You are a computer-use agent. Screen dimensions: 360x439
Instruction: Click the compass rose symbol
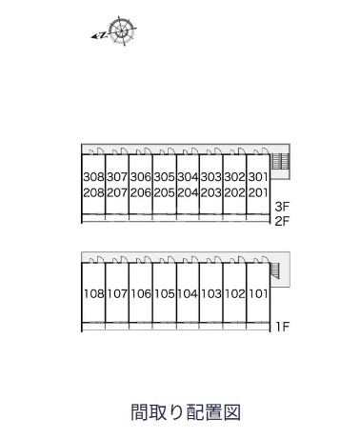[x=122, y=30]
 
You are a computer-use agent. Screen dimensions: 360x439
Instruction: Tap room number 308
[x=93, y=177]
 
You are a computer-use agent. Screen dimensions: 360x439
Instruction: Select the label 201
[x=258, y=192]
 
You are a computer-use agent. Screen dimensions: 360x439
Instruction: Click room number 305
[x=164, y=177]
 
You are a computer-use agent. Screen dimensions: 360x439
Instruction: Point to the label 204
[x=188, y=192]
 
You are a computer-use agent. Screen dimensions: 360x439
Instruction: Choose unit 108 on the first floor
[x=93, y=293]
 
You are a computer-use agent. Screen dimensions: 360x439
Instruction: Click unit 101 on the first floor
[x=258, y=293]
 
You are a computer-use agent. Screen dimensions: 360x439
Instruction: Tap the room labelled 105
[x=164, y=293]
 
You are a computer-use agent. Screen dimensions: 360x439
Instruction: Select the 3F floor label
[x=282, y=207]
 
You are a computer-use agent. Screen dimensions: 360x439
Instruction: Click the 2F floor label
[x=282, y=221]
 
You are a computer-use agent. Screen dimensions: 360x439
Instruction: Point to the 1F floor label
[x=282, y=327]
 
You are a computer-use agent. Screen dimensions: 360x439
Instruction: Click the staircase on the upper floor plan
[x=280, y=162]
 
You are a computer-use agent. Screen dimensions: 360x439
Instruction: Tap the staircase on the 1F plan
[x=275, y=270]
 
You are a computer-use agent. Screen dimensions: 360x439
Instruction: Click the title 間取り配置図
[x=186, y=412]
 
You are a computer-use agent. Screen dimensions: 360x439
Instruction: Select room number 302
[x=234, y=177]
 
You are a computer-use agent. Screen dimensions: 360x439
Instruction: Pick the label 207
[x=117, y=192]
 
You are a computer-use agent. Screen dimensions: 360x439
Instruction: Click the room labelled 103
[x=211, y=293]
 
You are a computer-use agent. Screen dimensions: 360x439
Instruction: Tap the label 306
[x=141, y=177]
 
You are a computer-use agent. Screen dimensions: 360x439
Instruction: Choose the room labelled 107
[x=117, y=293]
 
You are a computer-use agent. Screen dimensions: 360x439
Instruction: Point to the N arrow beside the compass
[x=99, y=35]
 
